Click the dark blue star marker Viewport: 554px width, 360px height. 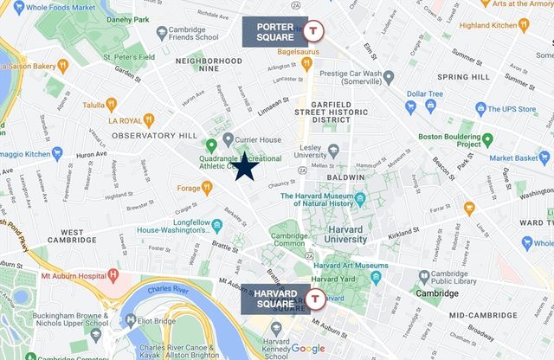tap(245, 166)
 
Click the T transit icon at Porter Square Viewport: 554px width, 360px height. tap(316, 30)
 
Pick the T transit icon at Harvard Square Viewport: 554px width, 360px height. tap(316, 299)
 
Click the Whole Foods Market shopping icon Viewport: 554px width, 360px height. tap(17, 6)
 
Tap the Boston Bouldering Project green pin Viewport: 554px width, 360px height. tap(487, 138)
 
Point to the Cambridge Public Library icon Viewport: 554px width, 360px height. tap(424, 277)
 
